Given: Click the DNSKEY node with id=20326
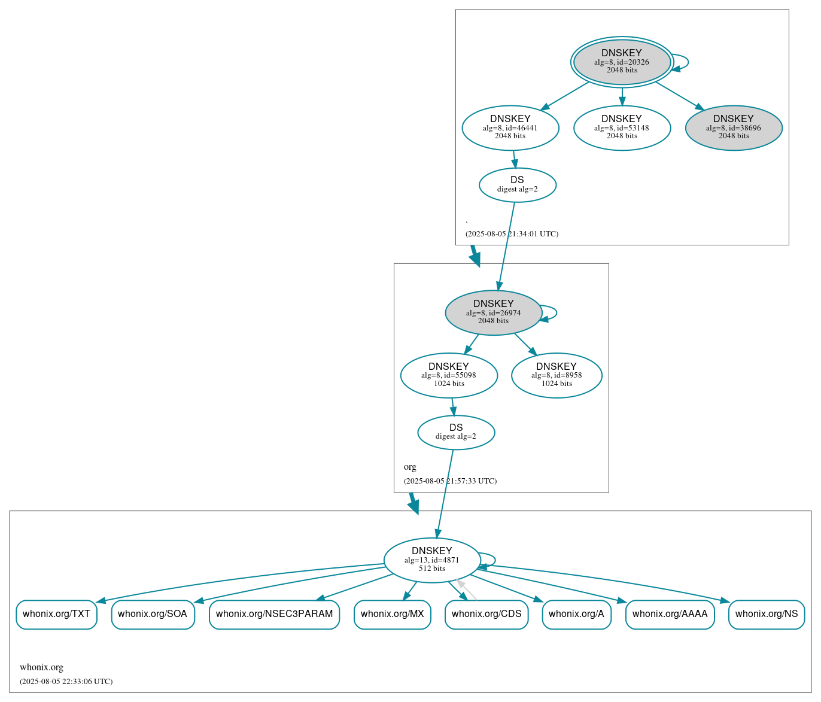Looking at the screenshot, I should coord(622,62).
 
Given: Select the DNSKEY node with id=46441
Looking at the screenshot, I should coord(510,127).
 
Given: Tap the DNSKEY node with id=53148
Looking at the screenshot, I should coord(622,127).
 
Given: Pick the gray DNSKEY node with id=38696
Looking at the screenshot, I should coord(733,127).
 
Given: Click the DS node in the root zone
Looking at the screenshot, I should coord(517,185).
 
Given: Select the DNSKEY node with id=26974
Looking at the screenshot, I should coord(493,312).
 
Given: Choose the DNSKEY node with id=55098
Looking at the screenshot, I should coord(448,375).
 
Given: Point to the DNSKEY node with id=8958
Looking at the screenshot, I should coord(556,375).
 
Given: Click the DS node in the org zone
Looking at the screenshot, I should coord(456,432).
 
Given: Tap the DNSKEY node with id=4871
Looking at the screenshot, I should coord(431,560).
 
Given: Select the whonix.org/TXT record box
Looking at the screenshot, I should coord(56,614).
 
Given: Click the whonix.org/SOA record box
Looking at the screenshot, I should coord(153,614).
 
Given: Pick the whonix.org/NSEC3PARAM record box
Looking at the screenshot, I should coord(274,614).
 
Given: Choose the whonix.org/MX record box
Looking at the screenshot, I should coord(392,614).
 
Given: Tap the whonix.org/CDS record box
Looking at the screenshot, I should coord(486,614).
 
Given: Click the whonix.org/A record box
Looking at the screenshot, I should coord(576,614).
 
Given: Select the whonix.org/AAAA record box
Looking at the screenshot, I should coord(670,614).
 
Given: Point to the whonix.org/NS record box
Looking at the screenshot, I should coord(766,614).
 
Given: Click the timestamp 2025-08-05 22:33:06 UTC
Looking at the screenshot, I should coord(66,682).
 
